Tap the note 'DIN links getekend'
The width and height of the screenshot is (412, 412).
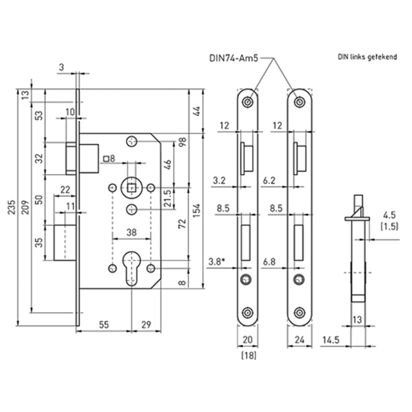pos(368,57)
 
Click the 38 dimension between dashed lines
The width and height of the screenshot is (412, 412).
pos(131,232)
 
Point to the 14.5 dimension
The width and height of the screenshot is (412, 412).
pos(330,340)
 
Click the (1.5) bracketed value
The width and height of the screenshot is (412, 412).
pos(389,226)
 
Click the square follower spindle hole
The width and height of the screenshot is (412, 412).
pos(131,188)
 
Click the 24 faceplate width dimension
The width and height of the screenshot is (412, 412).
pos(300,340)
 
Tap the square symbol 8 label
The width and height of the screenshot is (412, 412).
pos(109,158)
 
